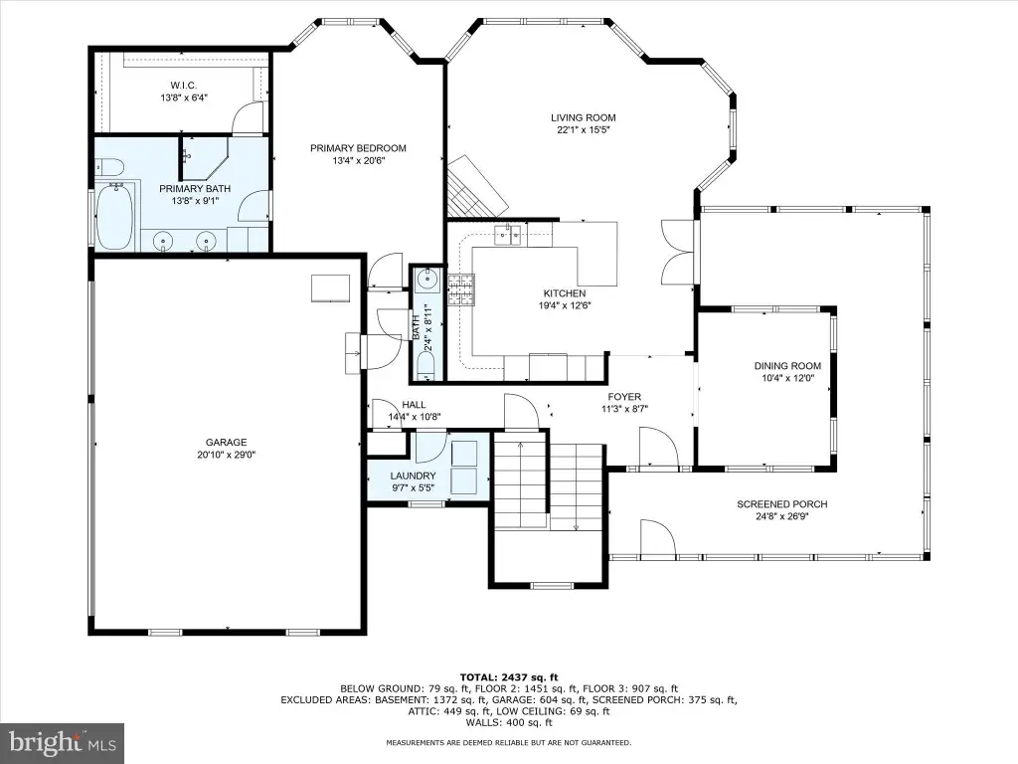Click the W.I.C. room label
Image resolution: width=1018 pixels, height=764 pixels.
click(x=184, y=86)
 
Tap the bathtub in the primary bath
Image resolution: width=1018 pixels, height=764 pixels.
click(x=116, y=216)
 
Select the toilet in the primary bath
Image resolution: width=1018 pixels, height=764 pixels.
click(x=109, y=167)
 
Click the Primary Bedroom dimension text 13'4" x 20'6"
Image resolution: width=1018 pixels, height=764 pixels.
click(x=358, y=160)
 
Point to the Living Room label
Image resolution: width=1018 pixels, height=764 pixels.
click(x=583, y=117)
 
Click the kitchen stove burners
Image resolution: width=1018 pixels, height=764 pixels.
click(x=460, y=289)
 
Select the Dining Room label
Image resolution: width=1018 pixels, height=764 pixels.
click(x=787, y=366)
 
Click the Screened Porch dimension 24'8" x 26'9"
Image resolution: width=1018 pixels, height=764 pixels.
click(x=781, y=516)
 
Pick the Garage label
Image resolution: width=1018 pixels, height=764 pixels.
click(x=226, y=443)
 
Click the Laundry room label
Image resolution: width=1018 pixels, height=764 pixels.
click(x=413, y=476)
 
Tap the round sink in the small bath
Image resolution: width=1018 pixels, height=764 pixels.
click(x=428, y=280)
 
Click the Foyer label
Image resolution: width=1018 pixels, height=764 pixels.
click(x=624, y=397)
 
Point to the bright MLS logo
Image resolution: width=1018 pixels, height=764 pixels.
click(x=63, y=741)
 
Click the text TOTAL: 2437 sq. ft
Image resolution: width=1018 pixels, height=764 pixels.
click(x=509, y=676)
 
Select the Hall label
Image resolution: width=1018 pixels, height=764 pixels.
click(x=414, y=405)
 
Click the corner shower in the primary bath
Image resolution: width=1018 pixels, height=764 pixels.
click(x=204, y=157)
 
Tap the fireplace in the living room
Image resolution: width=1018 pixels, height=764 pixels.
click(x=476, y=187)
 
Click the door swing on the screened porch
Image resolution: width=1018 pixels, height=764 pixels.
click(x=657, y=537)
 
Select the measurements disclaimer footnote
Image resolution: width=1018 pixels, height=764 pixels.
click(x=508, y=742)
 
